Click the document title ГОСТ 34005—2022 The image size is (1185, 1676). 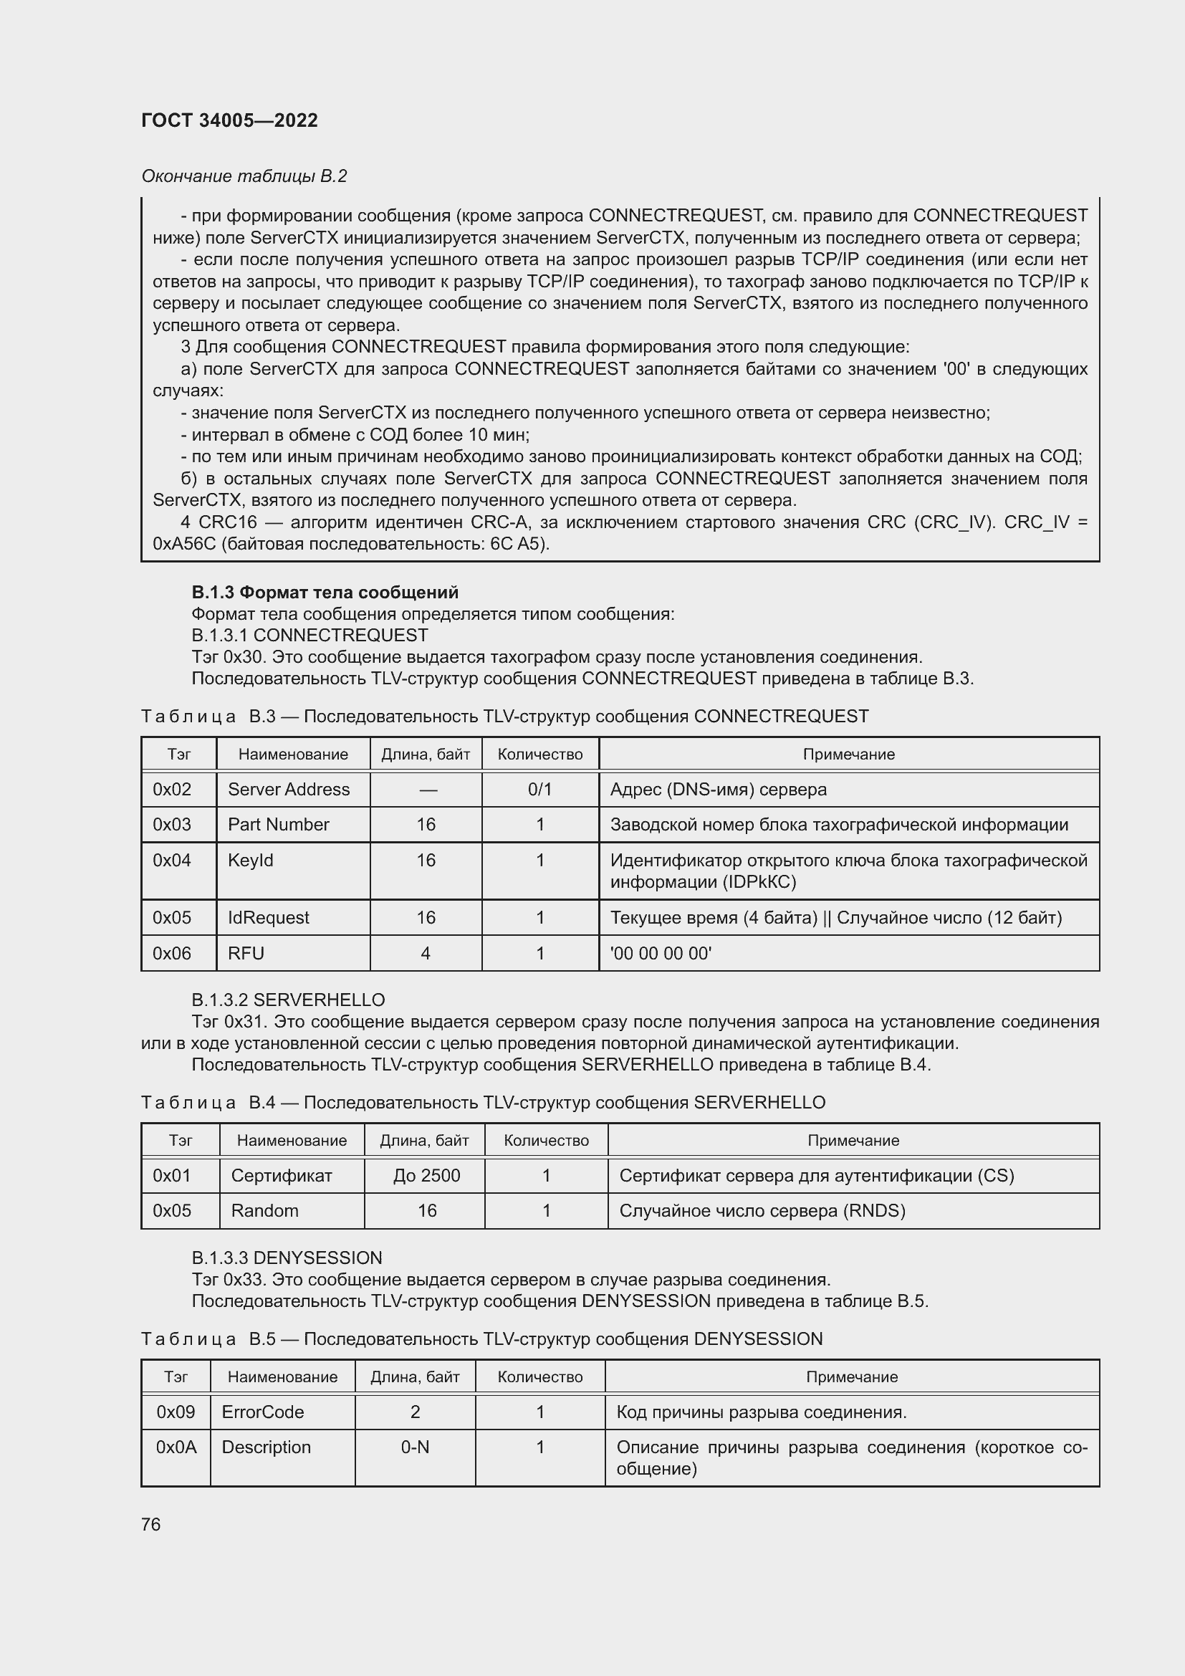pyautogui.click(x=229, y=120)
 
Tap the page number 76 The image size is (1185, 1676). pyautogui.click(x=151, y=1524)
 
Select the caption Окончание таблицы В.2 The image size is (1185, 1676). pyautogui.click(x=244, y=176)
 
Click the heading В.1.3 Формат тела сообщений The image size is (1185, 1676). pyautogui.click(x=325, y=592)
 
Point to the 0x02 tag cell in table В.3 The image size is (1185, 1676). pyautogui.click(x=172, y=789)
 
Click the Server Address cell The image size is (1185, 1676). pyautogui.click(x=289, y=789)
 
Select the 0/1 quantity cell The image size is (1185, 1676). pyautogui.click(x=539, y=789)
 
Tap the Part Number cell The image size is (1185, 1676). pyautogui.click(x=279, y=824)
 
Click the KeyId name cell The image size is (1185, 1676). pyautogui.click(x=250, y=860)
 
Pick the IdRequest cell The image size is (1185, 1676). pyautogui.click(x=269, y=918)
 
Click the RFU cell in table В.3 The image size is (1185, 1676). pyautogui.click(x=246, y=953)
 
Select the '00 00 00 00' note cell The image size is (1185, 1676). pyautogui.click(x=661, y=953)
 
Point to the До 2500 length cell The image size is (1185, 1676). pyautogui.click(x=426, y=1175)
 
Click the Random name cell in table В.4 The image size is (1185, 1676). pyautogui.click(x=264, y=1210)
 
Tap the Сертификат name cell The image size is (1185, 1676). pyautogui.click(x=281, y=1175)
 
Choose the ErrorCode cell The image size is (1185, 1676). pyautogui.click(x=263, y=1412)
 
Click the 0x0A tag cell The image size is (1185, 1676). pyautogui.click(x=176, y=1447)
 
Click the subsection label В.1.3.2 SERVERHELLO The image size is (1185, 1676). pyautogui.click(x=288, y=1000)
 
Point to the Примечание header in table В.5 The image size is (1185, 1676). pyautogui.click(x=852, y=1376)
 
